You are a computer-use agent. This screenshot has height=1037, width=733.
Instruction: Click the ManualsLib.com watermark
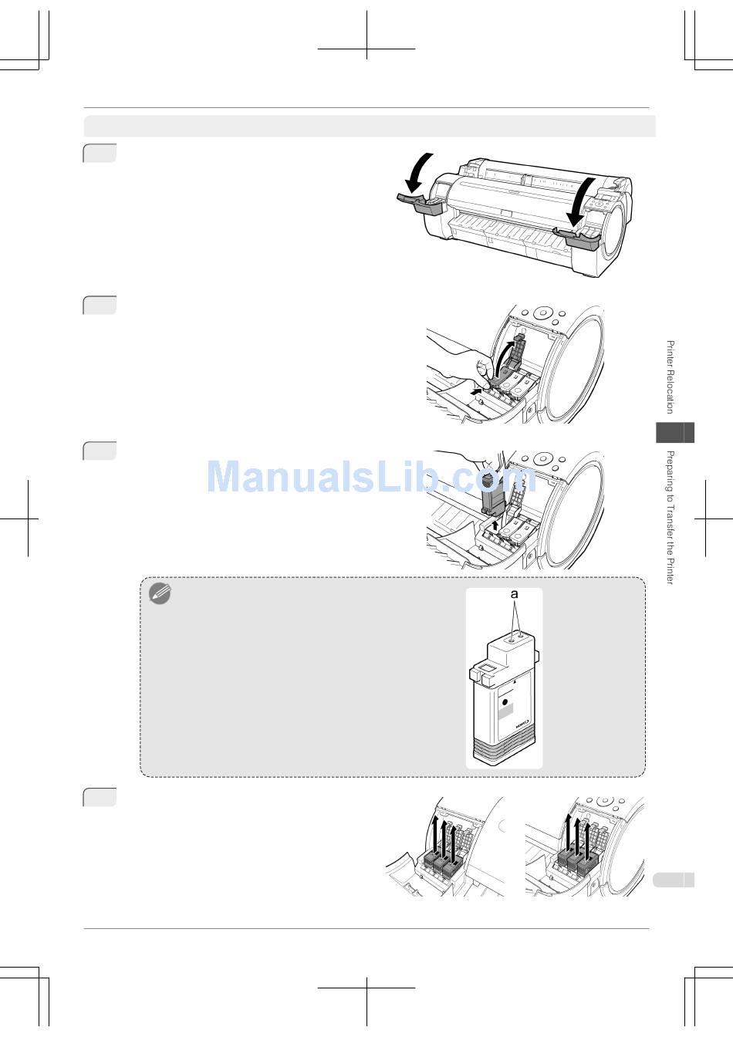(371, 477)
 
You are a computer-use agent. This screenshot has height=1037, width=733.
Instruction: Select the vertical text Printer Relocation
(670, 377)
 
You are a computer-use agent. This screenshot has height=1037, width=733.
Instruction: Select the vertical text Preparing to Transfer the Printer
(670, 517)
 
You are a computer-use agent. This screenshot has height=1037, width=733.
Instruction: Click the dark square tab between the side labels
(675, 432)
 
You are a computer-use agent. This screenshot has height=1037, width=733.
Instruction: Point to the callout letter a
(514, 595)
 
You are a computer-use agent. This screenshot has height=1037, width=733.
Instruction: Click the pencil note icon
(160, 593)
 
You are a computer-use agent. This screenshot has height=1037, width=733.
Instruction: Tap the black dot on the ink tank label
(505, 703)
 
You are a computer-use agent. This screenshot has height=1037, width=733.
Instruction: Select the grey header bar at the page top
(370, 126)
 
